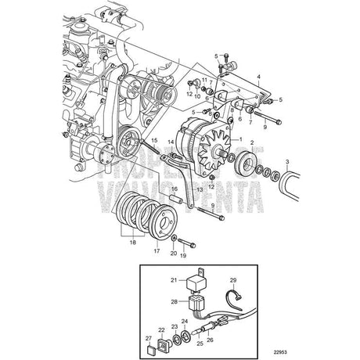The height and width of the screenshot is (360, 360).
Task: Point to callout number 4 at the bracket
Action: (x=258, y=76)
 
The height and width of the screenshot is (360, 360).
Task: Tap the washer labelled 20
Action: (x=173, y=232)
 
